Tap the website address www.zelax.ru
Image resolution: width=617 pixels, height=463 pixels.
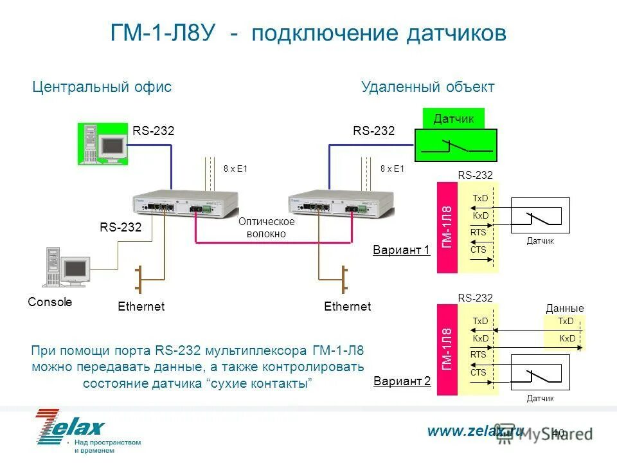click(475, 431)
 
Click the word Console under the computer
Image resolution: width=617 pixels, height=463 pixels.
click(50, 302)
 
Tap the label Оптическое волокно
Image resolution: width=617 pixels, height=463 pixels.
click(266, 228)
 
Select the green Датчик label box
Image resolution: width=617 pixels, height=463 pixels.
click(454, 118)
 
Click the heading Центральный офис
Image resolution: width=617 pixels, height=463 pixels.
click(102, 87)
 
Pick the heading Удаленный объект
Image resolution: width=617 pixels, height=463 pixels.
click(428, 87)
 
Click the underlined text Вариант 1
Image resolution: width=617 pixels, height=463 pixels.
click(401, 250)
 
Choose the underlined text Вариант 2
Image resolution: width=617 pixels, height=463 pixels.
click(402, 381)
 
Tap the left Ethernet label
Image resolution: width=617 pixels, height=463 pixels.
click(141, 307)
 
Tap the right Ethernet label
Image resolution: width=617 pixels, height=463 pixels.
click(348, 307)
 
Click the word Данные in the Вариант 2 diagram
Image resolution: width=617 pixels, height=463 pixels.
click(565, 309)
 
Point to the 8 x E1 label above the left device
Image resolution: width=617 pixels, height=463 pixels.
click(235, 168)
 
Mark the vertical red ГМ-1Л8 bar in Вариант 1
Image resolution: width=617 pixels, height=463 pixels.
click(447, 227)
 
